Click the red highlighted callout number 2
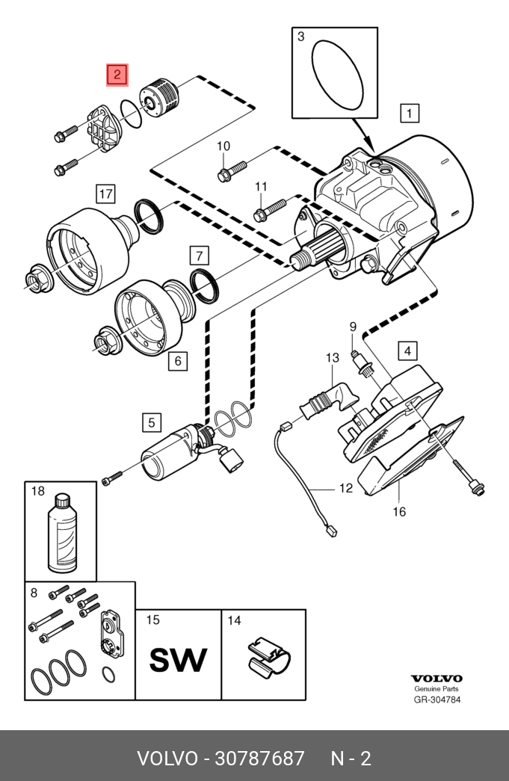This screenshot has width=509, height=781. (117, 75)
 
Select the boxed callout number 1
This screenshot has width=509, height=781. (410, 113)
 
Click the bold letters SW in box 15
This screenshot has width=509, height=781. (178, 660)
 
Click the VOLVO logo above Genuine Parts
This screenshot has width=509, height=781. (436, 679)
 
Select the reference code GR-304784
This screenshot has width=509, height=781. (437, 700)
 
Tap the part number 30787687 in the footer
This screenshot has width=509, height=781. (259, 759)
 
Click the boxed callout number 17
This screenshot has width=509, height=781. (105, 194)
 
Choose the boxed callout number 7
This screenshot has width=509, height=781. (200, 256)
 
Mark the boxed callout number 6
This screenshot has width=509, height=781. (178, 360)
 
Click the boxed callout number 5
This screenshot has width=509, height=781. (152, 423)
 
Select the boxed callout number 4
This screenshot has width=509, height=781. (407, 351)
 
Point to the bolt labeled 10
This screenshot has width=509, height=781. (232, 170)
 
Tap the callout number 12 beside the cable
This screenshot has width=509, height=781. (346, 488)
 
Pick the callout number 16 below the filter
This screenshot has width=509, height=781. (399, 511)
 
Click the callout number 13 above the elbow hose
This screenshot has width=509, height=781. (333, 358)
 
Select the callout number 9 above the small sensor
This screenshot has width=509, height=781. (353, 327)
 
